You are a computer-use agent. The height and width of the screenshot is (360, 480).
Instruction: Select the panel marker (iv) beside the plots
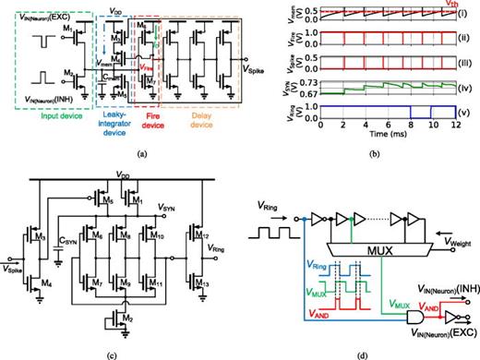[467, 87]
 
